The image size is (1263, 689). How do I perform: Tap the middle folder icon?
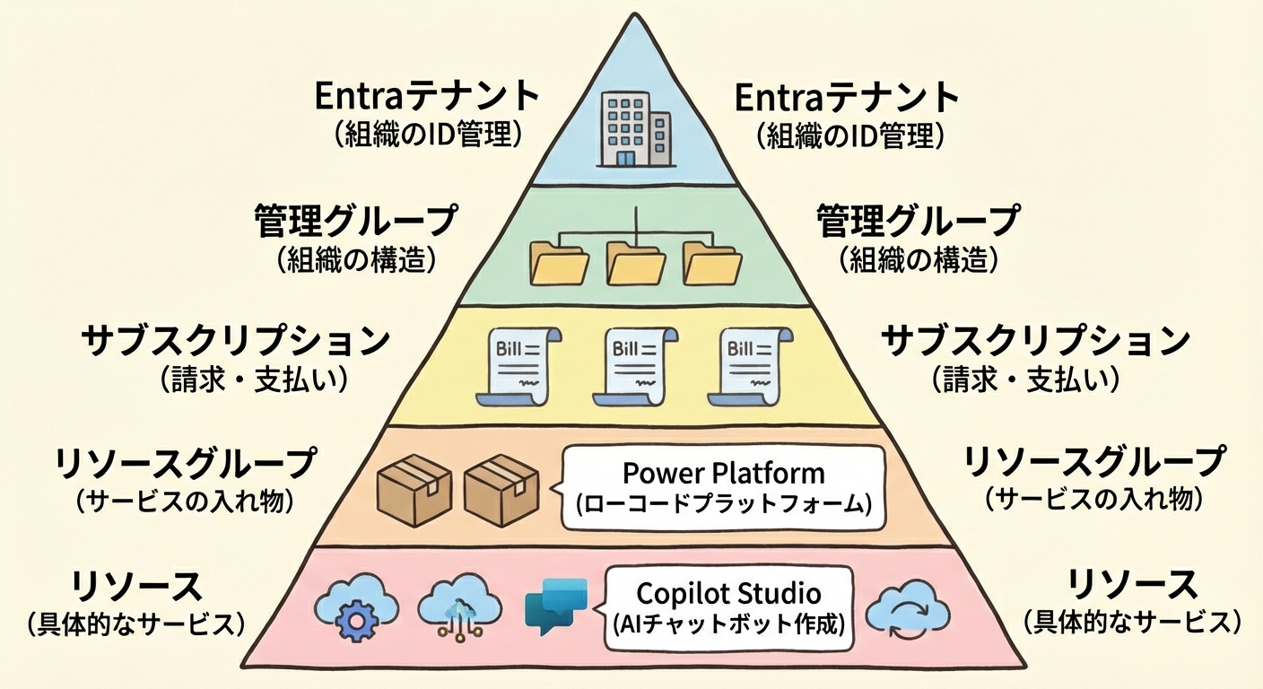tap(636, 263)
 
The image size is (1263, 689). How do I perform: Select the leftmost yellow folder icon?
tap(560, 263)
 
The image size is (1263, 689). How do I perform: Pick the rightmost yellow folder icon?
tap(712, 263)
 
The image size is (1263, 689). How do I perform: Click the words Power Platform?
tap(723, 472)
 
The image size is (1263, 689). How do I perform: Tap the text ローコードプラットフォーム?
tap(723, 503)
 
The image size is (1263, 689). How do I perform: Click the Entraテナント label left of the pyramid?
tap(427, 97)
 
